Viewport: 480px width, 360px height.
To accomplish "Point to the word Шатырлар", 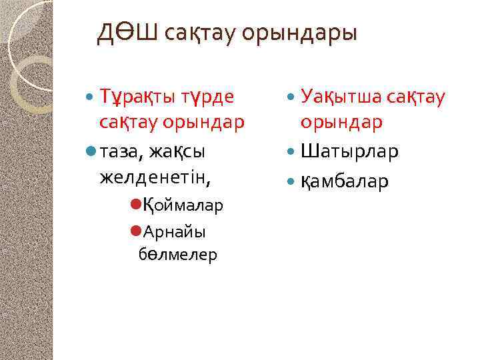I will [x=350, y=152].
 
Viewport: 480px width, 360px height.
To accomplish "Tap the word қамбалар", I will [x=345, y=180].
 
